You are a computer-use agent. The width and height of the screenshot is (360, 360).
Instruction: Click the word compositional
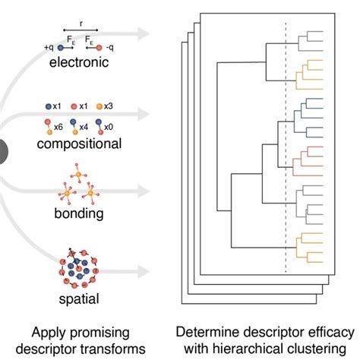click(x=80, y=143)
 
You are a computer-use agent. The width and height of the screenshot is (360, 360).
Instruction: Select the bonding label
click(x=80, y=214)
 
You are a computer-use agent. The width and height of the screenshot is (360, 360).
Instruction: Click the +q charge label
click(x=50, y=46)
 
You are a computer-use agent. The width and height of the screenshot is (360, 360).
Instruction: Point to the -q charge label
click(x=112, y=46)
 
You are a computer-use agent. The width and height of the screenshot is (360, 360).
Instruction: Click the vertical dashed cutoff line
click(x=286, y=152)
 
